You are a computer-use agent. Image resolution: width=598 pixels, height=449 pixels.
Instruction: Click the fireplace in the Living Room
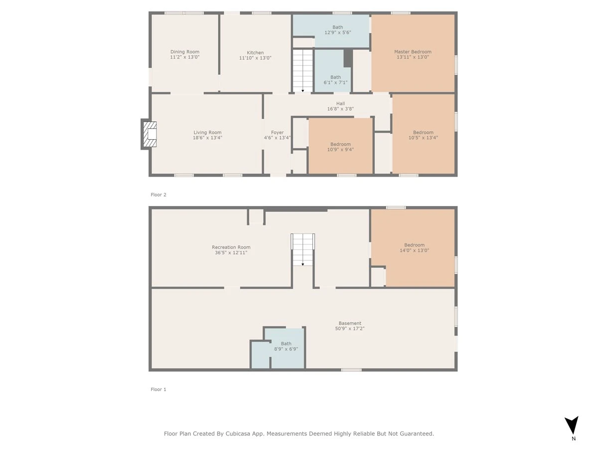pos(149,134)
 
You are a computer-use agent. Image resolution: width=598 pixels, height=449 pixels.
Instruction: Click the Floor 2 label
pos(158,195)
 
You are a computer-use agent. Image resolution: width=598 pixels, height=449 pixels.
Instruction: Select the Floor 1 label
pos(158,389)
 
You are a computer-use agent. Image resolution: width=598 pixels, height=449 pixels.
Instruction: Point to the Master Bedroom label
pos(413,52)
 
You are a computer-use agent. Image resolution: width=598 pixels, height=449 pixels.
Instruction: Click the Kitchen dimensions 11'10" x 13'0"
pos(255,58)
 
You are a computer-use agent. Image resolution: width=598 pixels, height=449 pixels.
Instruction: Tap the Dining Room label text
pos(185,52)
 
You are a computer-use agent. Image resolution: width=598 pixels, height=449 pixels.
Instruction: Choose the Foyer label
pos(278,133)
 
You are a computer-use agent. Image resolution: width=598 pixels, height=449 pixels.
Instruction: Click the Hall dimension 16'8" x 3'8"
pos(340,109)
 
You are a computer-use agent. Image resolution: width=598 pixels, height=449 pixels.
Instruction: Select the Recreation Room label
pos(231,247)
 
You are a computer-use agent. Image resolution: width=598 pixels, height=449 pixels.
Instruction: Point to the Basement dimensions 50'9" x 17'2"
pos(350,328)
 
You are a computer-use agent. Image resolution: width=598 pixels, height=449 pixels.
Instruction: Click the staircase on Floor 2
pos(302,71)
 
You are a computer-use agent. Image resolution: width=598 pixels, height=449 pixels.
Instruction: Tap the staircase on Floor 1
pos(302,249)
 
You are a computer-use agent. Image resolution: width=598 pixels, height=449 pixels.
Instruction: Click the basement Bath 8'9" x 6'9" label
pos(286,346)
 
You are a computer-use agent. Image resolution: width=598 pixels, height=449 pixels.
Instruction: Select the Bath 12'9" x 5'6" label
pos(338,30)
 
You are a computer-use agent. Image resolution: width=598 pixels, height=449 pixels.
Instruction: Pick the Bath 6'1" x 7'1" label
pos(336,80)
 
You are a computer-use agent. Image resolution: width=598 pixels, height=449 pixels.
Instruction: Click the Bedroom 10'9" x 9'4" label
pos(340,147)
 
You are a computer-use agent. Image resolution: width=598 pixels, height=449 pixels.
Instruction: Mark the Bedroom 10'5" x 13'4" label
pos(423,135)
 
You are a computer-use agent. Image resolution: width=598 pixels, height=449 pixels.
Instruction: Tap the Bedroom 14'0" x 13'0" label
pos(415,247)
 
